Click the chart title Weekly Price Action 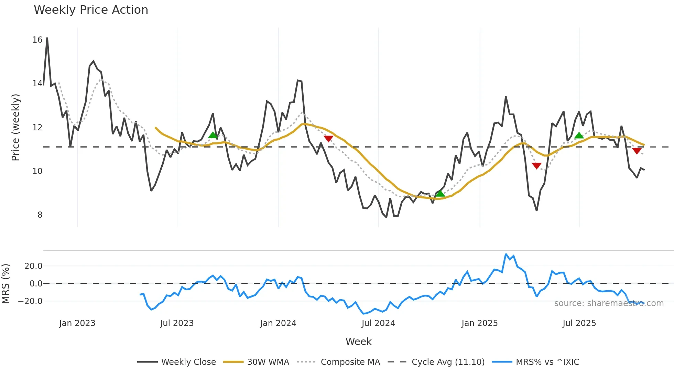(91, 10)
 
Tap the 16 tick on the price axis (37, 40)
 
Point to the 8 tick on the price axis (40, 215)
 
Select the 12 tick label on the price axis (37, 128)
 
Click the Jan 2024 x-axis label (278, 323)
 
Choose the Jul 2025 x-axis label (579, 323)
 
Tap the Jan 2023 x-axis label (77, 323)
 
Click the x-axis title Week (358, 342)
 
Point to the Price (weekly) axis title (15, 127)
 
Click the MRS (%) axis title (6, 284)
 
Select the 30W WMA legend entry (256, 362)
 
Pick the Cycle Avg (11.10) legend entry (436, 362)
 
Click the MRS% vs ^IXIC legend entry (535, 362)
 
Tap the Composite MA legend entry (338, 362)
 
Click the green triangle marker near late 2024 (440, 194)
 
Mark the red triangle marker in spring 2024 (328, 139)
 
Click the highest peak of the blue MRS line (505, 254)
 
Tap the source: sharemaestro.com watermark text (609, 303)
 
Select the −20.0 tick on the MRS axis (30, 301)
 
